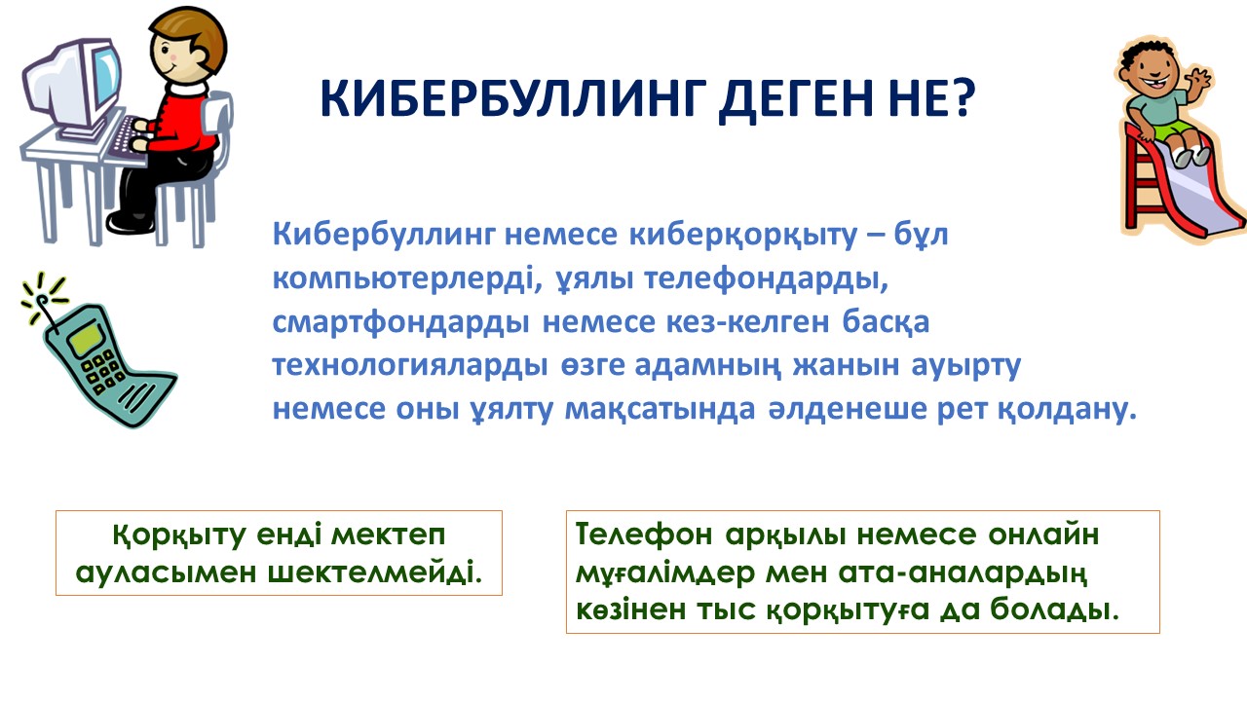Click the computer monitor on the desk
coord(72,89)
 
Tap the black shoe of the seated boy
coord(130,221)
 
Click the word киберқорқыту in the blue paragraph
coord(742,236)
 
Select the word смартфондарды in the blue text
coord(400,322)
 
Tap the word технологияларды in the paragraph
coord(410,366)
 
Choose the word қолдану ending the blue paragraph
coord(1067,410)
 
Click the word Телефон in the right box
coord(644,535)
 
